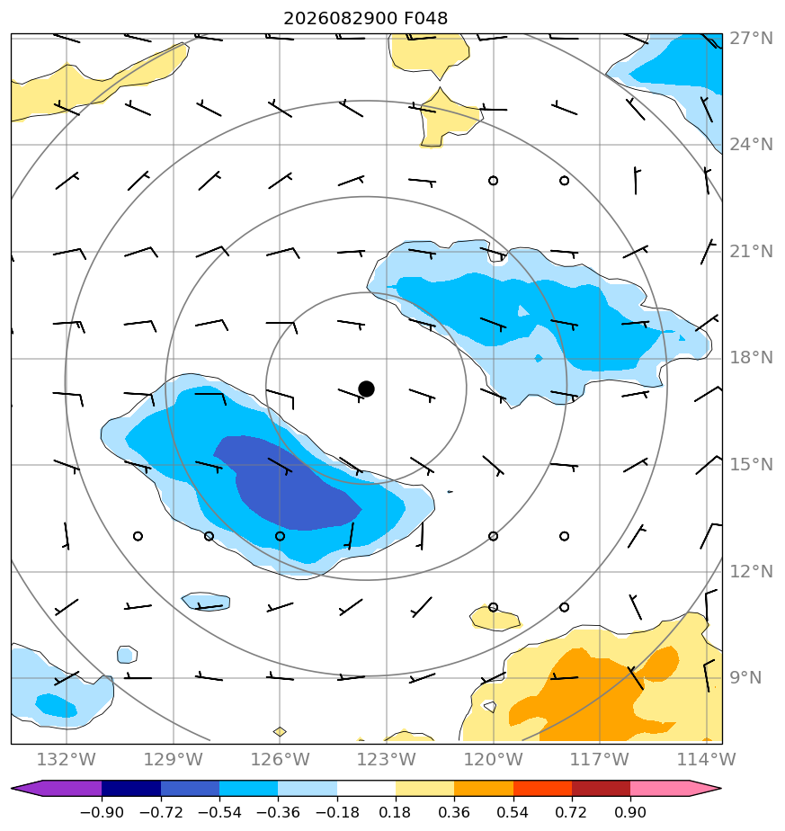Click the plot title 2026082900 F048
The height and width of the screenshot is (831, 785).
point(365,19)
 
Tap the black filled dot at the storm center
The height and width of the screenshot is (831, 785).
point(366,389)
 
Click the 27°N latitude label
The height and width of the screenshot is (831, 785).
point(751,38)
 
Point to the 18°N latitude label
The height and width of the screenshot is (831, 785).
point(751,358)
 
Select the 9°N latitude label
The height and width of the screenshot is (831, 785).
point(745,678)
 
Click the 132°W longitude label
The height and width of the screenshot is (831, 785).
point(67,759)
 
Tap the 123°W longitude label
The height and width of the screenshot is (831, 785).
point(387,759)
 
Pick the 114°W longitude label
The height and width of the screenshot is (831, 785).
point(707,759)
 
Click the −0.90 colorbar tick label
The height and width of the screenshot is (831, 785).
point(102,812)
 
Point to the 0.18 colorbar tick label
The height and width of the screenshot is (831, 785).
point(396,812)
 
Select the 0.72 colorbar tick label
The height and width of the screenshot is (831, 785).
point(571,812)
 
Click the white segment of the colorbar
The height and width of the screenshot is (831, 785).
point(366,789)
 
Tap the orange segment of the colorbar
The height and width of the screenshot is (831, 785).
point(484,789)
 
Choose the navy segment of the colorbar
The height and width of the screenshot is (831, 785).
point(131,789)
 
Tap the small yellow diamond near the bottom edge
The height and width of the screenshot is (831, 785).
point(280,732)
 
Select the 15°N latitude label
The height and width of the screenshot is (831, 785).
point(751,465)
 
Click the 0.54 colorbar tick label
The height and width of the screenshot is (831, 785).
point(513,812)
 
